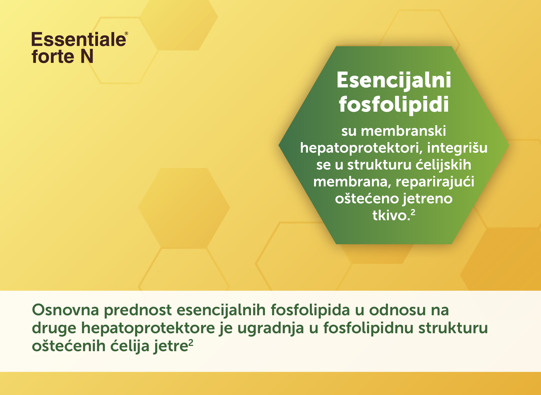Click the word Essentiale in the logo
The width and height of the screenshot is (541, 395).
coord(79,40)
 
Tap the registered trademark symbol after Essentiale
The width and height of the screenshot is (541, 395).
coord(127,34)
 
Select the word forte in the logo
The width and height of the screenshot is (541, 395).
coord(53,56)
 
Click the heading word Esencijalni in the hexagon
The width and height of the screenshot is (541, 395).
coord(394,81)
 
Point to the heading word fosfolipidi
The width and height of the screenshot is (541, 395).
coord(394,104)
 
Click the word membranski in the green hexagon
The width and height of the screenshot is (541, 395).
coord(403,131)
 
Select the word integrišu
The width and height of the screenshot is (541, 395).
coord(457,148)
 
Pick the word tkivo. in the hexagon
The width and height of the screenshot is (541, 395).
coord(390,215)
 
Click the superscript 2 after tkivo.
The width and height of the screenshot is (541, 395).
coord(413,213)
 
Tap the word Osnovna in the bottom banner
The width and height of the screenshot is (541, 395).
coord(65,310)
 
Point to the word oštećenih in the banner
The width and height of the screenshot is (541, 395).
coord(69,346)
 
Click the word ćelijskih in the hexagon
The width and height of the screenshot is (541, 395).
coord(444,165)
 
